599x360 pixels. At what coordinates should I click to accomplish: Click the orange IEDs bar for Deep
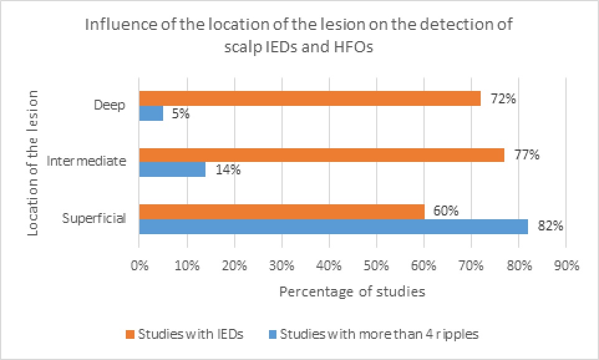click(309, 98)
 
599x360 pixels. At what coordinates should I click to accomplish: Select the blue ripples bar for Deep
click(151, 113)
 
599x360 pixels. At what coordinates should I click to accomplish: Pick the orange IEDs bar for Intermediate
click(321, 155)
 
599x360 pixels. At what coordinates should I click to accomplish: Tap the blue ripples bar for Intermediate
click(172, 169)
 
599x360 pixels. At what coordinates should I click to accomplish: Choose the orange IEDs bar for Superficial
click(281, 212)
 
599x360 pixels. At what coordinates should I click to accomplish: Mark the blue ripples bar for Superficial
click(333, 226)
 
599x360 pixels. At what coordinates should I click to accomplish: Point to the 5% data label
click(179, 114)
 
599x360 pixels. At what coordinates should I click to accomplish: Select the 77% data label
click(526, 154)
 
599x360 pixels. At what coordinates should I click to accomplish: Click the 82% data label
click(550, 226)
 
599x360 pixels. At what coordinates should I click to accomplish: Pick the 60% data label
click(445, 211)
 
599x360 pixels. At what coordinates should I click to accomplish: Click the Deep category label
click(110, 105)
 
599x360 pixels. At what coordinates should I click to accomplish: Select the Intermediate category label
click(87, 161)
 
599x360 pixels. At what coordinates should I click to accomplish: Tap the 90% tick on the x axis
click(566, 265)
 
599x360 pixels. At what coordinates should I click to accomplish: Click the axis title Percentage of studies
click(352, 292)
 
